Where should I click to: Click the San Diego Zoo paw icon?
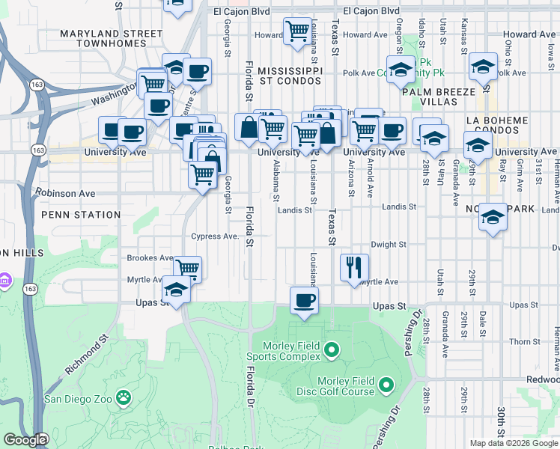[x=124, y=397]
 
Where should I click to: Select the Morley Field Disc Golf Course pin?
[x=386, y=385]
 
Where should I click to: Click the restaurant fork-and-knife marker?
[x=354, y=267]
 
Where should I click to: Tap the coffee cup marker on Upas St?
[x=303, y=301]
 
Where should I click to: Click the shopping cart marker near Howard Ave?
[x=297, y=31]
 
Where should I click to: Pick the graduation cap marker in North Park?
[x=493, y=217]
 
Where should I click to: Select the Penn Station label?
[x=81, y=215]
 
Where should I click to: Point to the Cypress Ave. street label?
[x=214, y=236]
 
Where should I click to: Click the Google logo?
[x=25, y=439]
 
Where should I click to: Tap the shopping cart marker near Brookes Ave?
[x=187, y=268]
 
